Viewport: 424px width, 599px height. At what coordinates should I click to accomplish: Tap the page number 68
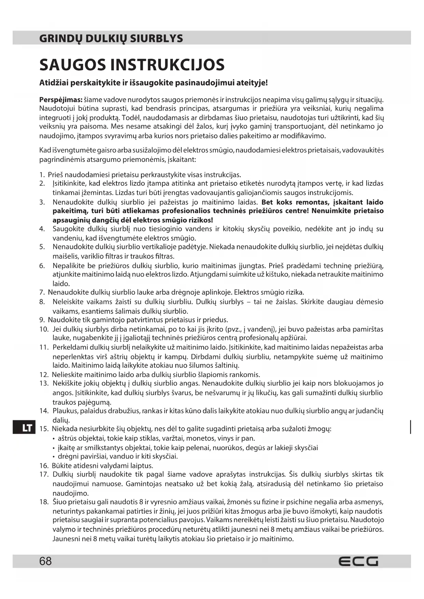[x=45, y=561]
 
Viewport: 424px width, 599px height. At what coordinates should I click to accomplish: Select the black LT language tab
[x=24, y=428]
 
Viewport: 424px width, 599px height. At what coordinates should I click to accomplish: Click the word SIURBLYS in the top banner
[x=159, y=38]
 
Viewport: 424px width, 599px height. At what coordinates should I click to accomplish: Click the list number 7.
[x=42, y=292]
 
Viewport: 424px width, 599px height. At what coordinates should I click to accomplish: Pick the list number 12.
[x=43, y=375]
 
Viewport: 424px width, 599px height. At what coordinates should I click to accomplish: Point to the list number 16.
[x=43, y=466]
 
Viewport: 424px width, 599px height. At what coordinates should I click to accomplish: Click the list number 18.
[x=43, y=502]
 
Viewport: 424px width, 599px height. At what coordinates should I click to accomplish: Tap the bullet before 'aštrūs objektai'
[x=54, y=439]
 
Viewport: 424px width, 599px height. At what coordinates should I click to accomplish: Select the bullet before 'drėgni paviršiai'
[x=54, y=457]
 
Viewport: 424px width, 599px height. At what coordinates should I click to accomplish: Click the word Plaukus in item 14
[x=64, y=411]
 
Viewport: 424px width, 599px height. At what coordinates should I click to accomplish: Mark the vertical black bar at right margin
[x=410, y=427]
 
